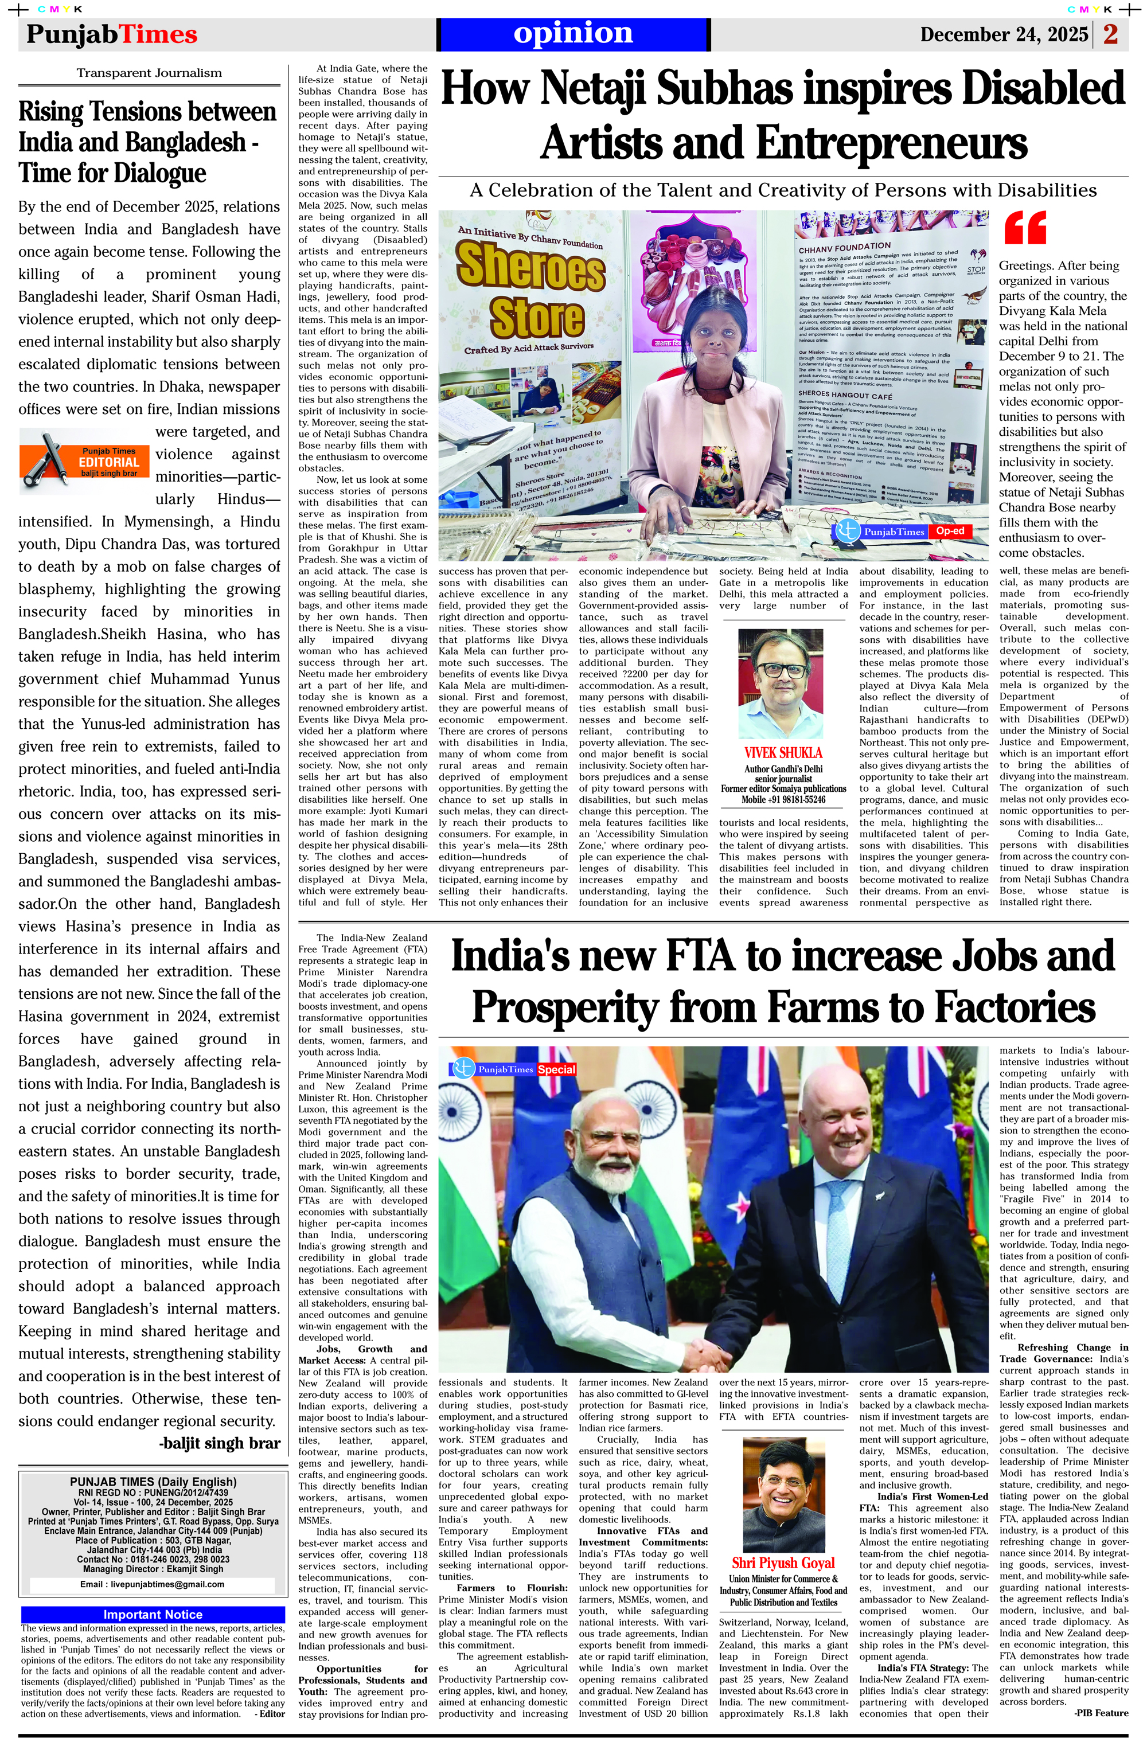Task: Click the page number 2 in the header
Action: [x=1111, y=34]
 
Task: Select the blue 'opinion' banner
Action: [x=573, y=34]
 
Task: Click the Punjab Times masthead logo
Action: [x=112, y=34]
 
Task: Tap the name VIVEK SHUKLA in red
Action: [x=783, y=752]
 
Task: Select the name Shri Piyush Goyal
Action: [x=783, y=1562]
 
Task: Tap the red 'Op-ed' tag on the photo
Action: [x=950, y=530]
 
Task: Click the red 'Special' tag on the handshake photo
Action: [x=556, y=1069]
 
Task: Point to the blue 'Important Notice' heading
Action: [x=153, y=1615]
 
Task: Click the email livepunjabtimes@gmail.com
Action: [x=152, y=1584]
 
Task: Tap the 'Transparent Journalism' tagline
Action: [x=149, y=73]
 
